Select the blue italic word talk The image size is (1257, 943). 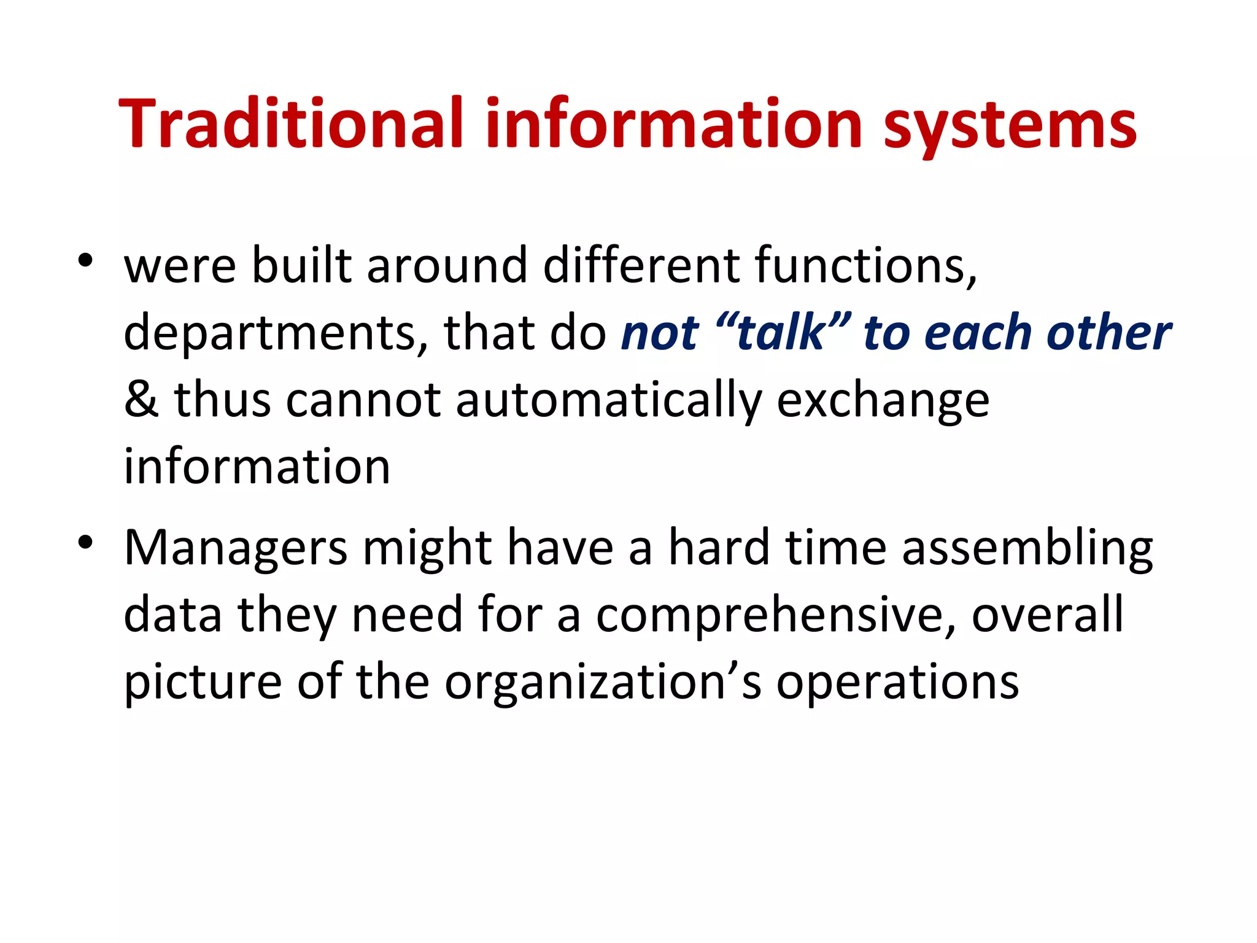(781, 333)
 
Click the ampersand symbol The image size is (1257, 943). (141, 400)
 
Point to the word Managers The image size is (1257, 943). (236, 548)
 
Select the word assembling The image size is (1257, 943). (1027, 548)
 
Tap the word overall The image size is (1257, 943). (1047, 615)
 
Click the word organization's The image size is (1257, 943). (603, 683)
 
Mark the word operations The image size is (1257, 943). (897, 683)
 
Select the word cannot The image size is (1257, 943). (363, 400)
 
